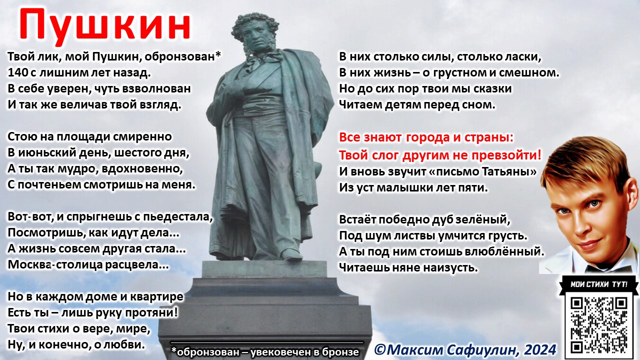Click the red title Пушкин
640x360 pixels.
click(105, 26)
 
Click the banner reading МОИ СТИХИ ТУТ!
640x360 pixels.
click(599, 284)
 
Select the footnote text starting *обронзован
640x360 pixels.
click(265, 352)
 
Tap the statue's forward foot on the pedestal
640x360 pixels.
click(290, 253)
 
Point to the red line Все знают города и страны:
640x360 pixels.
click(426, 137)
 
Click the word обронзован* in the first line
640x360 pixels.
click(183, 56)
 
